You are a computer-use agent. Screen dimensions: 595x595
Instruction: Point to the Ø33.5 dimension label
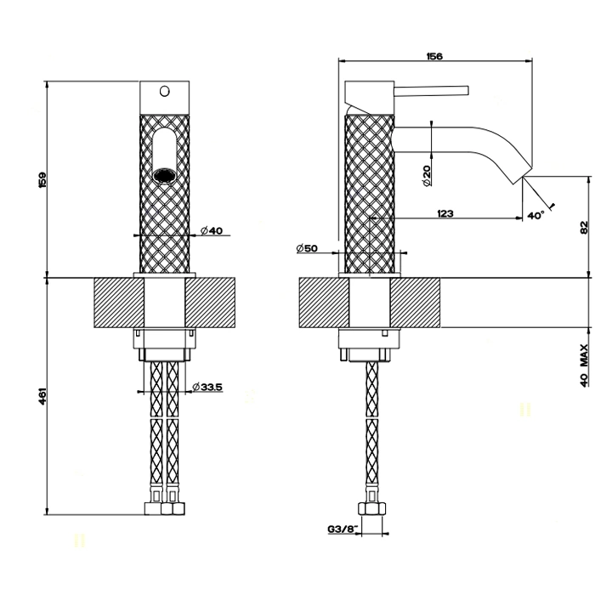(207, 388)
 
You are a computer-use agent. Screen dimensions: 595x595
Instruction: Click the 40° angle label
(535, 217)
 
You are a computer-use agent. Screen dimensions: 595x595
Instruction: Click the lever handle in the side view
(433, 88)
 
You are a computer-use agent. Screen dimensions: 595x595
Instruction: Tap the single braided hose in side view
(371, 425)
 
